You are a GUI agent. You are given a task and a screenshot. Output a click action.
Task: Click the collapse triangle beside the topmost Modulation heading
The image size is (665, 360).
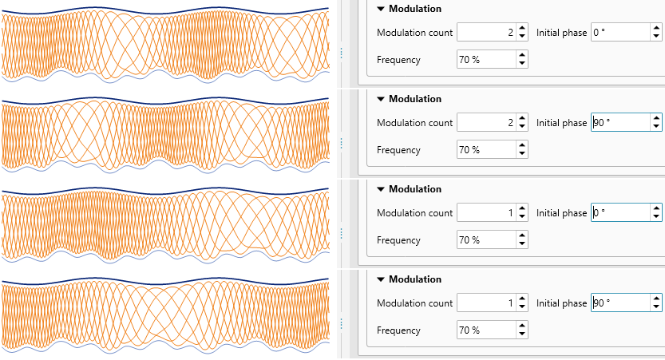381,9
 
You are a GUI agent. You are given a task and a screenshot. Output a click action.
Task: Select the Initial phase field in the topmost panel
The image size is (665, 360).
619,33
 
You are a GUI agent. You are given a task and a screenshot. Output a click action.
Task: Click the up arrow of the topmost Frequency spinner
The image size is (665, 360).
522,55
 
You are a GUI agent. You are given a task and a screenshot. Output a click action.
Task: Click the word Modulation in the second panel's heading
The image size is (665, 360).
414,99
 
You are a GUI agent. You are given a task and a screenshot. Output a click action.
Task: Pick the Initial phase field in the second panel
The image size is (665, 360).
619,123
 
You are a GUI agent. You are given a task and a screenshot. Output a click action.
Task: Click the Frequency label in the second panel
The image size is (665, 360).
398,150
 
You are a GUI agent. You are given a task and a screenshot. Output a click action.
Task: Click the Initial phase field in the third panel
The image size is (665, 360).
619,213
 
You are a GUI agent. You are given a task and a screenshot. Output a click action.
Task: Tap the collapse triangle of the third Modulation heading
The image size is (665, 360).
381,189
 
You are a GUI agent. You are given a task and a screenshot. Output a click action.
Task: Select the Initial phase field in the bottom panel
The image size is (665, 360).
619,303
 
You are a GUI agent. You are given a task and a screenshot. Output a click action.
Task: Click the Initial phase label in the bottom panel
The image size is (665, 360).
561,303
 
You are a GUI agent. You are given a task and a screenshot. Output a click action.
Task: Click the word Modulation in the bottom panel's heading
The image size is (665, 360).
414,279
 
